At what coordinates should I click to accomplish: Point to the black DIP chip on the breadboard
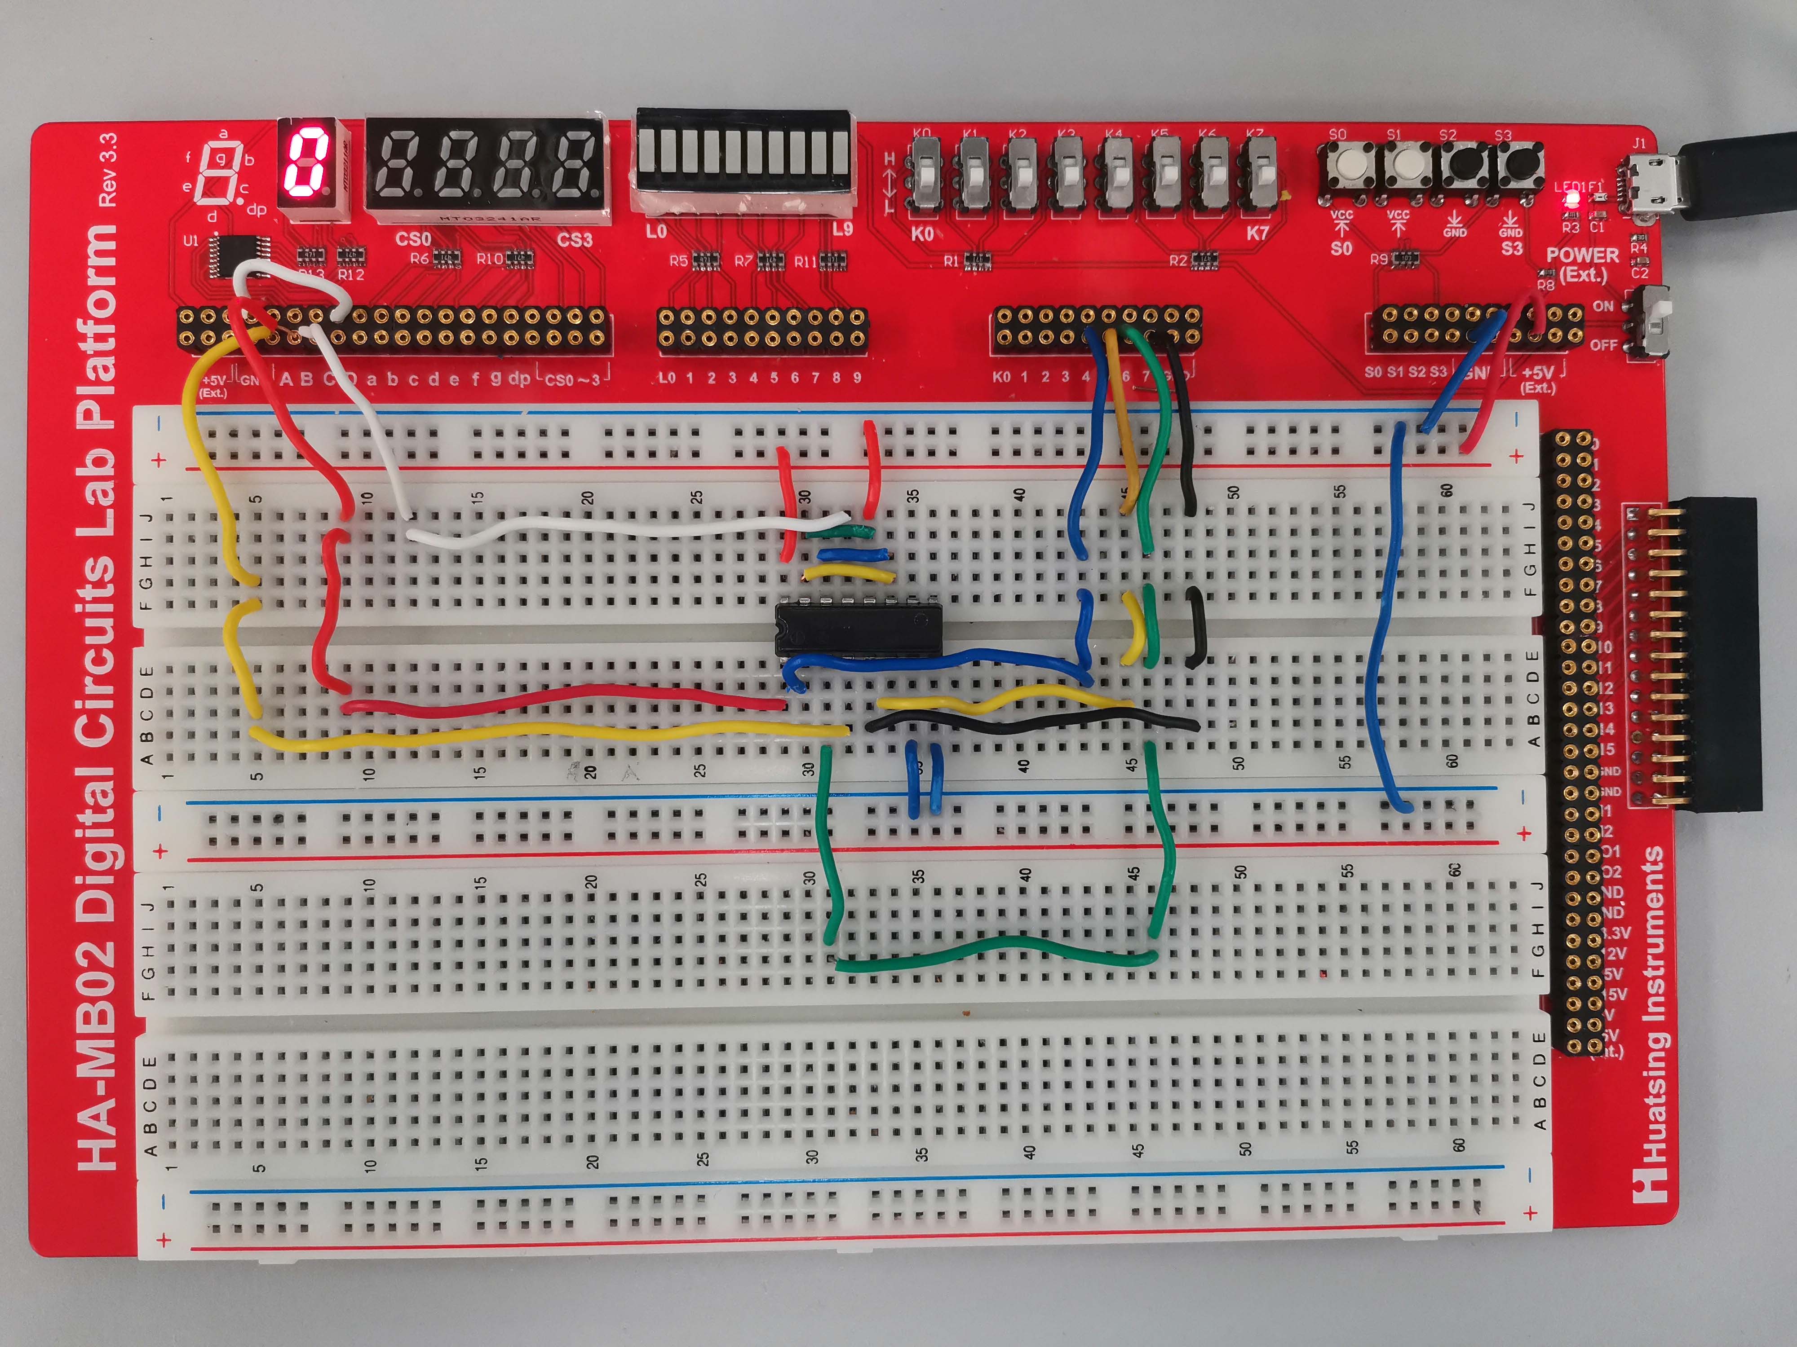pyautogui.click(x=859, y=629)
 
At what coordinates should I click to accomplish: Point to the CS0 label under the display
pyautogui.click(x=413, y=239)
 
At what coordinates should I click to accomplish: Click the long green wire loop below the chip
pyautogui.click(x=995, y=950)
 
